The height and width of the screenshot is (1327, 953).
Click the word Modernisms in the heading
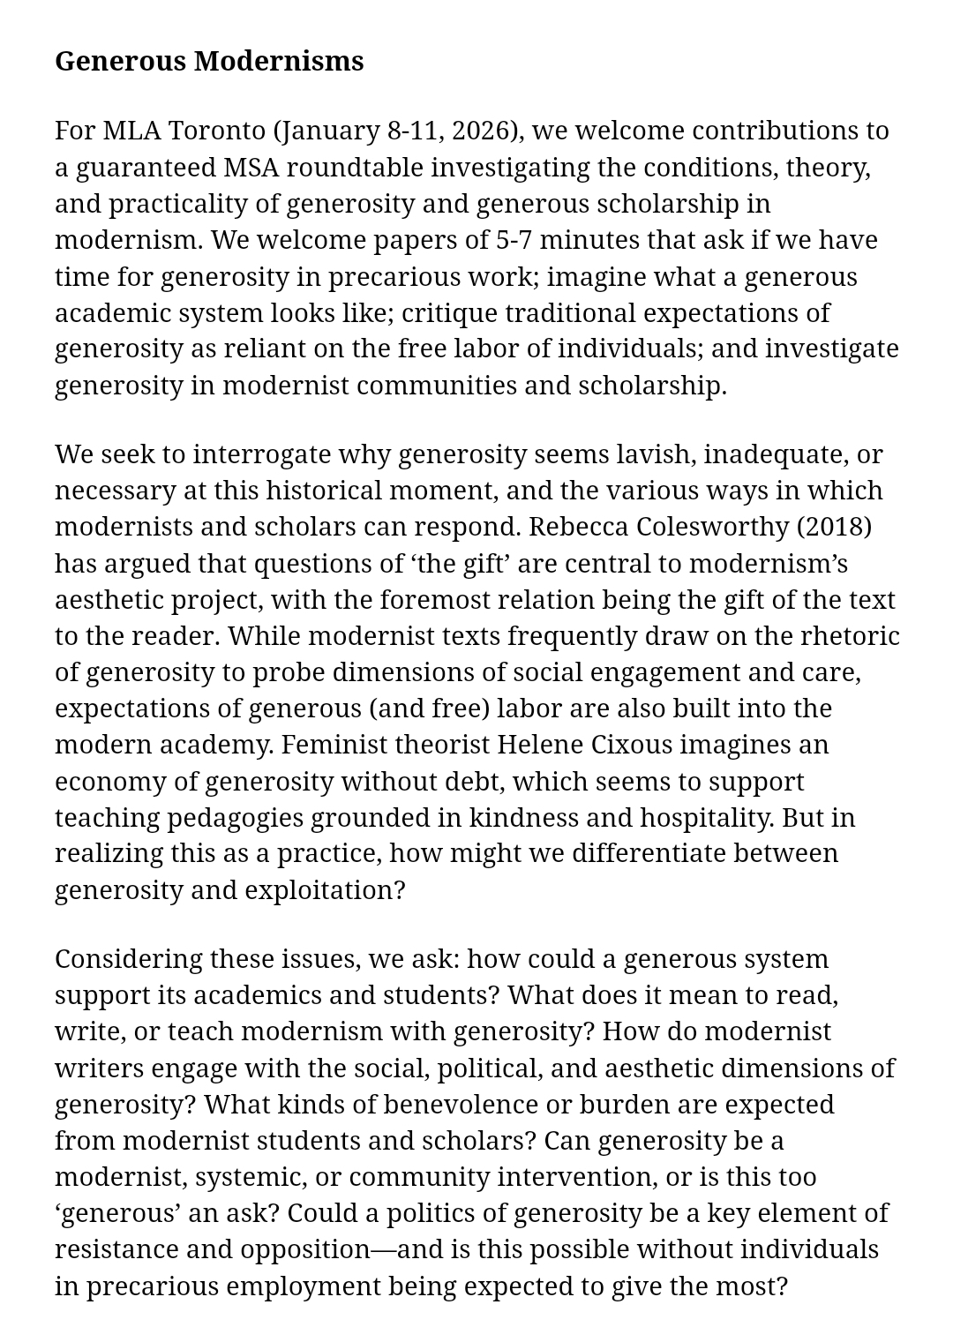point(279,61)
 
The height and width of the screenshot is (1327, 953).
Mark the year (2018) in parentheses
point(834,527)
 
